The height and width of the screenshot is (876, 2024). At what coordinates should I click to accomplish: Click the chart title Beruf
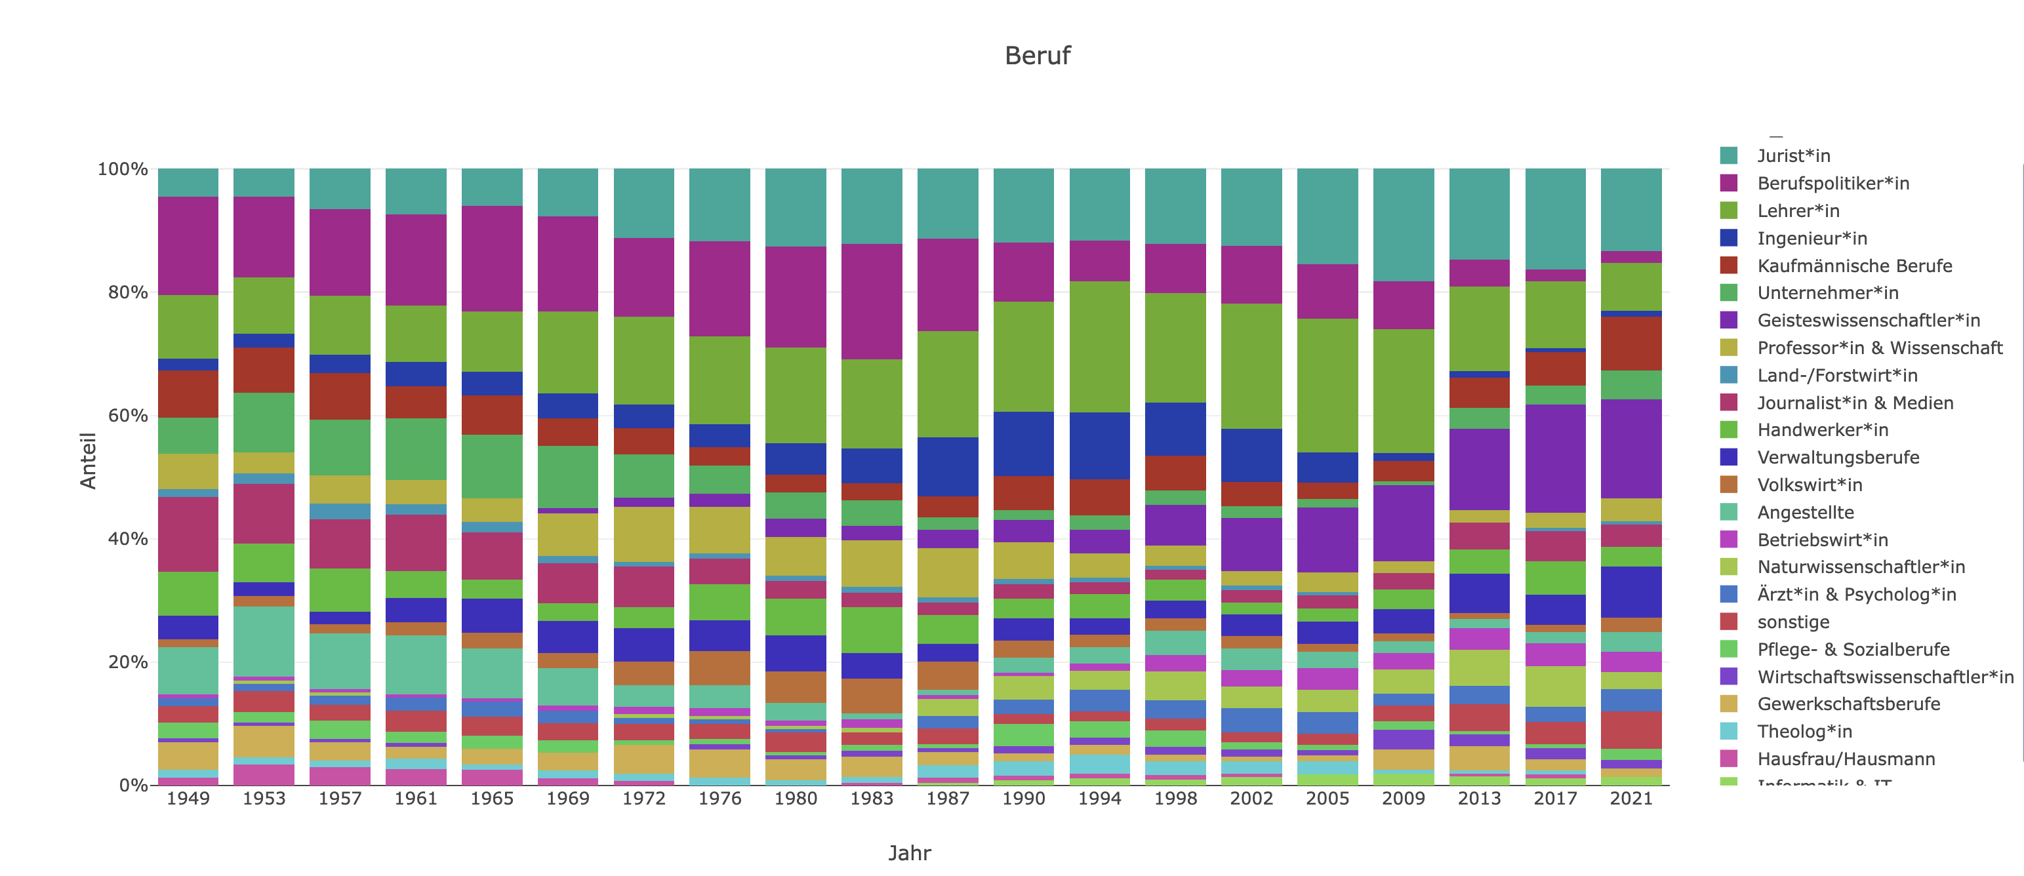(1036, 56)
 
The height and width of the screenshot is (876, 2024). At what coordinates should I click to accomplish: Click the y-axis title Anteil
(88, 460)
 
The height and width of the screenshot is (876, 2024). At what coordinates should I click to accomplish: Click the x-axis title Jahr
(909, 852)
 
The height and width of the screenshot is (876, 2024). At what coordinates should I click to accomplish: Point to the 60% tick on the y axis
(127, 416)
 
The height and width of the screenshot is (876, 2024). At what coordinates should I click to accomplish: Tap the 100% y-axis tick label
(123, 169)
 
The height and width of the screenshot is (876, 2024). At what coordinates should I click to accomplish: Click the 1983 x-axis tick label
(872, 798)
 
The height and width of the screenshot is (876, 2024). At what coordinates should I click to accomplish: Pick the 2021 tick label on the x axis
(1631, 798)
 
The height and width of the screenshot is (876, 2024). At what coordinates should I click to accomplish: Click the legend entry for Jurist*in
(1793, 155)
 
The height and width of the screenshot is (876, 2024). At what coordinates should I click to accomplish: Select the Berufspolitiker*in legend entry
(1832, 183)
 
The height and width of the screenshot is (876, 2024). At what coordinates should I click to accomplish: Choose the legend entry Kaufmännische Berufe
(1853, 266)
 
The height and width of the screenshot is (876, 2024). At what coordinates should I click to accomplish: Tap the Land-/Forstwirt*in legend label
(1837, 376)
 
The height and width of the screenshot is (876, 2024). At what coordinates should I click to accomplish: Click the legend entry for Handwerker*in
(1822, 429)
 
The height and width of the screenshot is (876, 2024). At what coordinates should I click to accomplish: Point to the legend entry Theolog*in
(1804, 732)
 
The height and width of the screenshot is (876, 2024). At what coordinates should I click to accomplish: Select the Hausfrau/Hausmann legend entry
(1846, 759)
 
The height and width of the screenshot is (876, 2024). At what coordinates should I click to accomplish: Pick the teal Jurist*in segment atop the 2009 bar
(1404, 225)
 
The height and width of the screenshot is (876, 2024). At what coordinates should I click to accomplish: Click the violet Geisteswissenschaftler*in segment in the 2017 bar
(1555, 459)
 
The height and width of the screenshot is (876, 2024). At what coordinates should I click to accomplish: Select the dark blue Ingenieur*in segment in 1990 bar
(1023, 443)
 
